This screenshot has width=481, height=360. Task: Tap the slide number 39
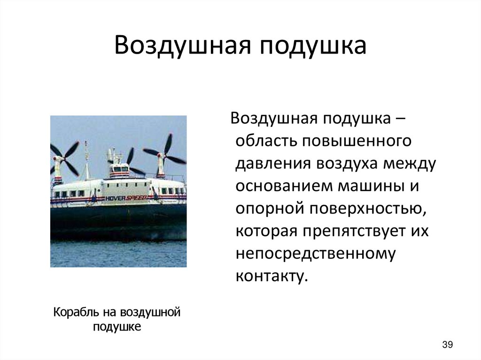447,345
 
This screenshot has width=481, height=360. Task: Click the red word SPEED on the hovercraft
137,198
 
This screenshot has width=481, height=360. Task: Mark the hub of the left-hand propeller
59,159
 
